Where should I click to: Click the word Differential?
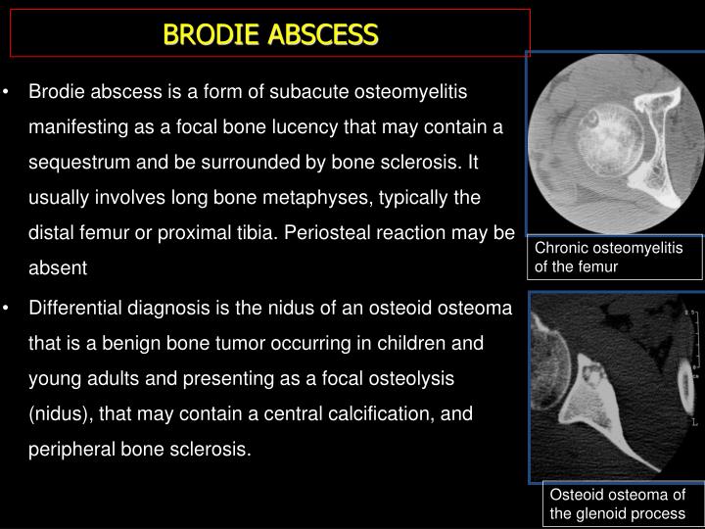pos(77,309)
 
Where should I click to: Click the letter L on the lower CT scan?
pos(694,422)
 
